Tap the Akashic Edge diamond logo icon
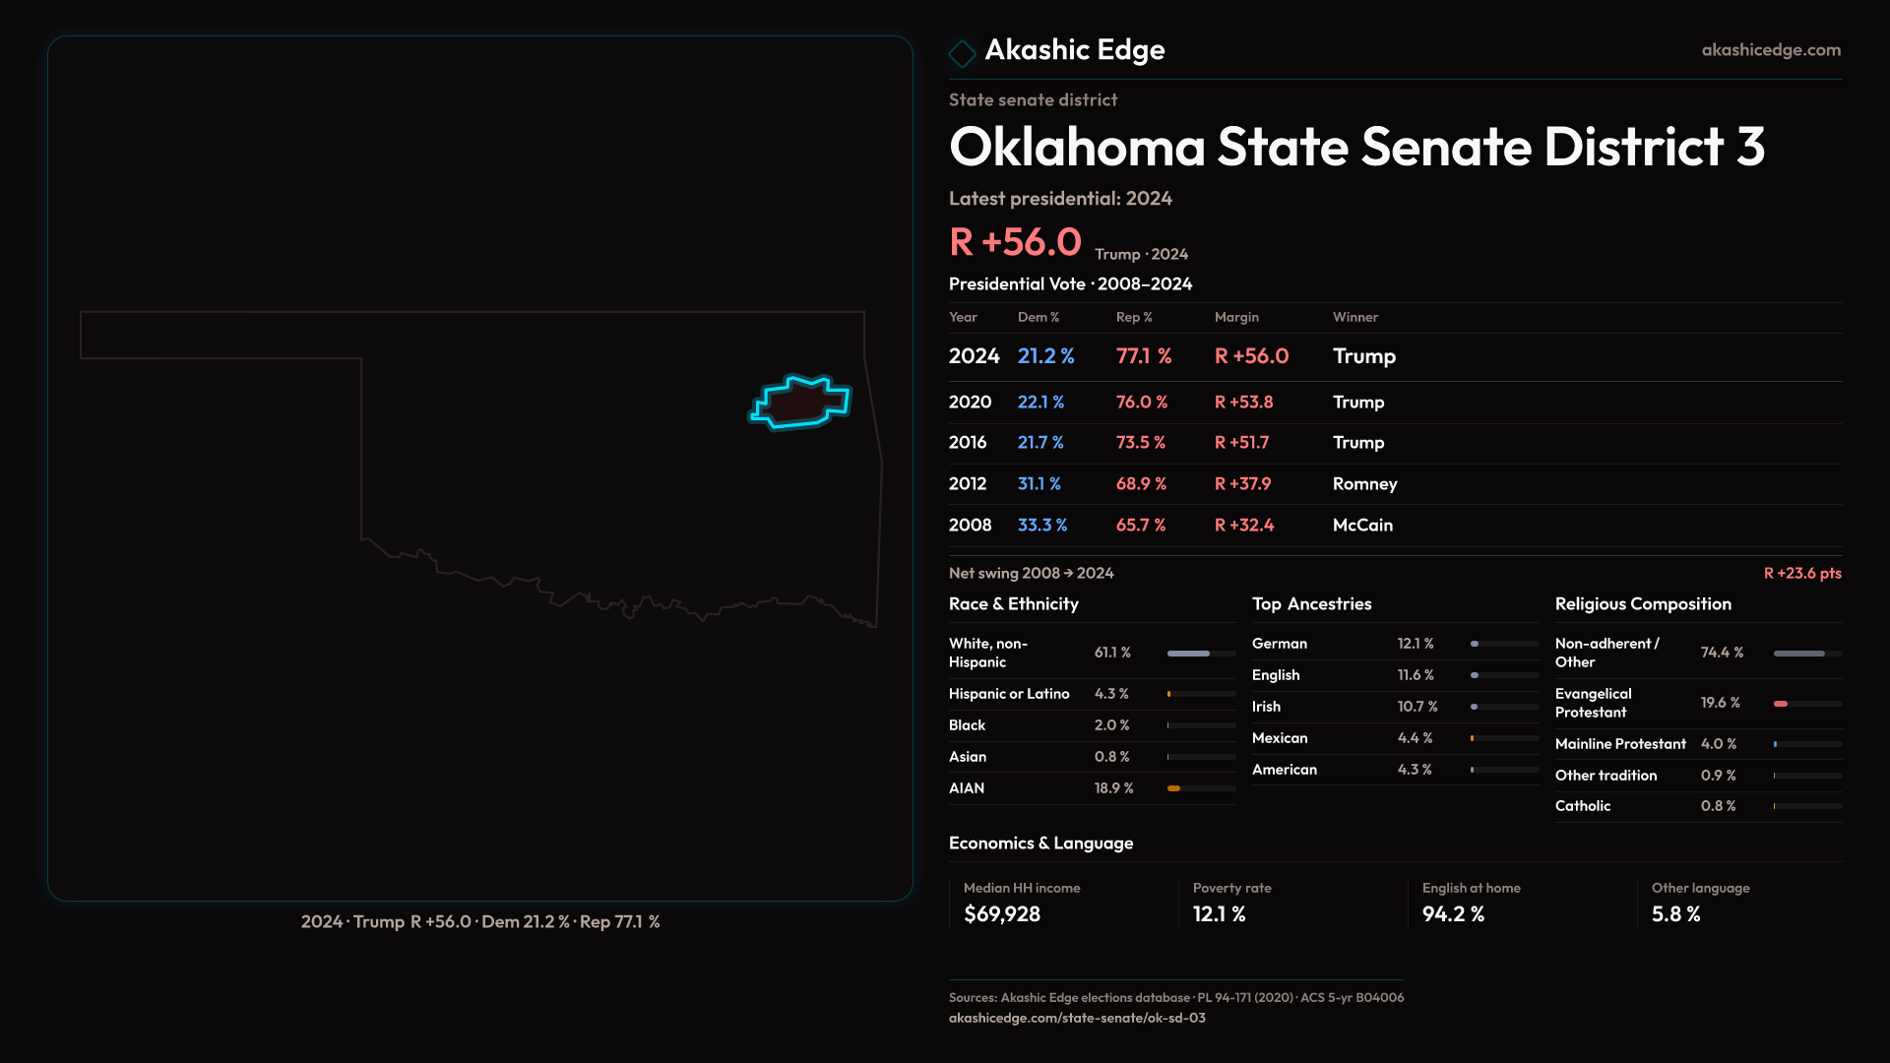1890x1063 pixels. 962,52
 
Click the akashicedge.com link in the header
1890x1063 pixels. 1770,50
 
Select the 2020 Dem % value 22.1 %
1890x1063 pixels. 1040,403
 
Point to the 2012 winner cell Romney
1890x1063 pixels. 1364,484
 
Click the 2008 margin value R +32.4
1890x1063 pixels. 1243,526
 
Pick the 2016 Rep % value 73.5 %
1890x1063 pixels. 1140,443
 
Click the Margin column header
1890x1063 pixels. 1236,317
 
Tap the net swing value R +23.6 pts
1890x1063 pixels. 1801,573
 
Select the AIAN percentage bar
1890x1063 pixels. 1201,788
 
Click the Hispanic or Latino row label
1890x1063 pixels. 1009,694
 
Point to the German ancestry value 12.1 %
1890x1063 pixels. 1415,644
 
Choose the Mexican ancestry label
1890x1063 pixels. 1280,738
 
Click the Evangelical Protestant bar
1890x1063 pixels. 1807,704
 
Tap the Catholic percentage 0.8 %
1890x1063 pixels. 1718,806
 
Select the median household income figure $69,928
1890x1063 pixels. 1001,914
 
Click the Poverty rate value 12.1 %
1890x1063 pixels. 1219,914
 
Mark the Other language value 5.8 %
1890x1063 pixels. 1675,914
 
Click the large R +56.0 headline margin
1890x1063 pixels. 1015,242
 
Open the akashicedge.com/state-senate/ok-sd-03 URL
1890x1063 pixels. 1077,1018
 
